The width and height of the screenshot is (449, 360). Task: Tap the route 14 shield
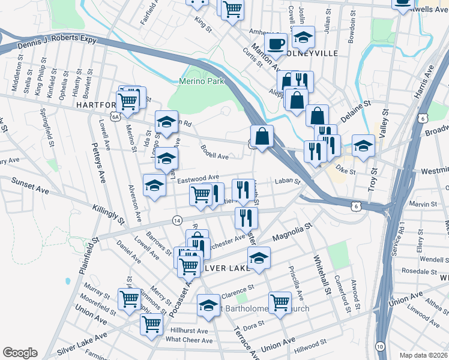point(176,220)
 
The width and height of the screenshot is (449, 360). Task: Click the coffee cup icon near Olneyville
point(276,44)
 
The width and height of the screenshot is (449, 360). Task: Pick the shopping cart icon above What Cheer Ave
point(152,324)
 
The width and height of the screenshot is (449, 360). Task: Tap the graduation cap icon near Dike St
point(363,146)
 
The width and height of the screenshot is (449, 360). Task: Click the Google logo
point(20,352)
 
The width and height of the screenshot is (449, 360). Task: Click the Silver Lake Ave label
point(81,344)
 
